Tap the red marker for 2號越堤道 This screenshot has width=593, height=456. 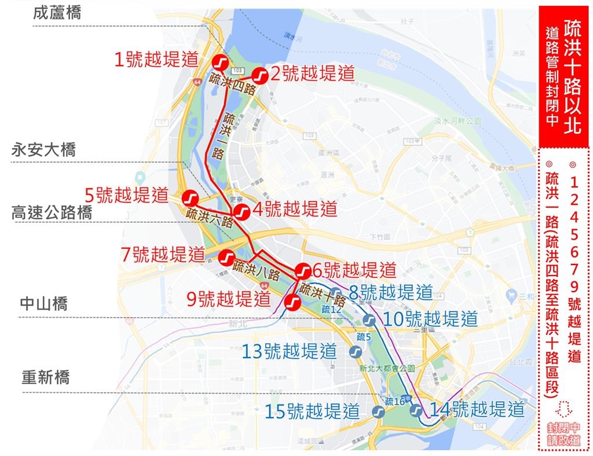(x=260, y=75)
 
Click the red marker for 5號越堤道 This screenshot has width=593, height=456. (x=189, y=198)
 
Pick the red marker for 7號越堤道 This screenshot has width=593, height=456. (x=226, y=256)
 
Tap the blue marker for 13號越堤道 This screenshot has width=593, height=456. (x=356, y=352)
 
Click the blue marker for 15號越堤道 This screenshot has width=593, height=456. (x=378, y=412)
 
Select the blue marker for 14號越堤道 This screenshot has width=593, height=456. (x=416, y=410)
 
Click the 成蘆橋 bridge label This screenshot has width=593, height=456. (x=57, y=13)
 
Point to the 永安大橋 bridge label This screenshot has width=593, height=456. (x=44, y=150)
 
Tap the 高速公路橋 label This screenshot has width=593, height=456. (x=52, y=212)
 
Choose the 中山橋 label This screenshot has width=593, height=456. (x=44, y=303)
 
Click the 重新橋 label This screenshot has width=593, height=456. (x=46, y=378)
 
